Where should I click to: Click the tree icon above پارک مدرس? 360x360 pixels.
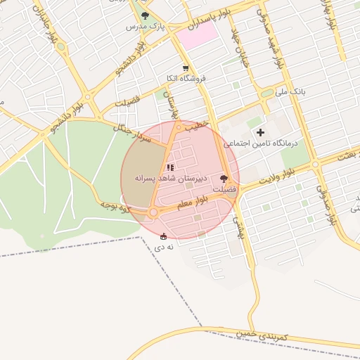145,15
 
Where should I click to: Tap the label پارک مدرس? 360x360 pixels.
145,26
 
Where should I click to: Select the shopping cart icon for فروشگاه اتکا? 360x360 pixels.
186,68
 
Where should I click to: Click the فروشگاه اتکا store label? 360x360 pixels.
186,79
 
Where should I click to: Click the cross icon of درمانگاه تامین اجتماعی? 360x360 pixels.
260,132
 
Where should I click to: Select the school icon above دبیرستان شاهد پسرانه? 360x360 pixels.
169,167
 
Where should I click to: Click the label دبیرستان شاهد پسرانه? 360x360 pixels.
169,179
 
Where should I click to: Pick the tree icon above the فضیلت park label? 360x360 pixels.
224,179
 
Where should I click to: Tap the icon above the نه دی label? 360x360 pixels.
164,236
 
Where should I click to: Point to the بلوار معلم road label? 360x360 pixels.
191,204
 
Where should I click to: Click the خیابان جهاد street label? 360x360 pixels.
245,39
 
